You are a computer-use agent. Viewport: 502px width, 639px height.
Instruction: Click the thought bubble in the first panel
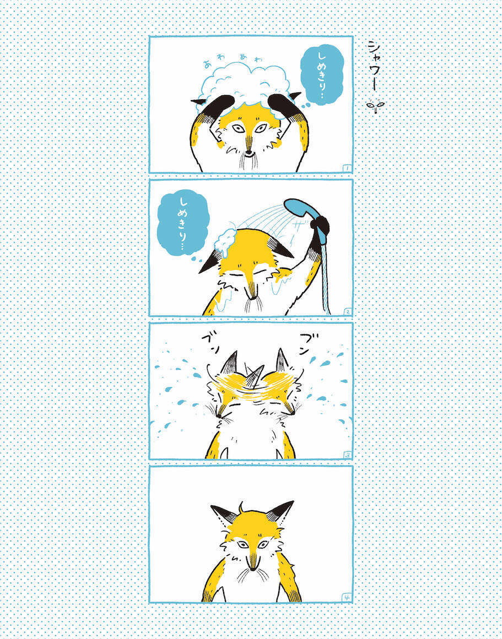(322, 75)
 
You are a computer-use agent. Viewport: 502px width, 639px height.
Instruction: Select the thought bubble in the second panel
(183, 225)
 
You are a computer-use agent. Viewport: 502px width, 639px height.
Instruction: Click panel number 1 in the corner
(346, 167)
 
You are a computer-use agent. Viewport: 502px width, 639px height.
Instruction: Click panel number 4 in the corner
(347, 598)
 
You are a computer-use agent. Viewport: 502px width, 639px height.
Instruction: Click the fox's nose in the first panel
(249, 153)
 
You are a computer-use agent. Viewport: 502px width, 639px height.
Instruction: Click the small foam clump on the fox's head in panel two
(226, 242)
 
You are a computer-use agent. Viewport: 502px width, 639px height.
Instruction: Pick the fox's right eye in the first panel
(261, 128)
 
